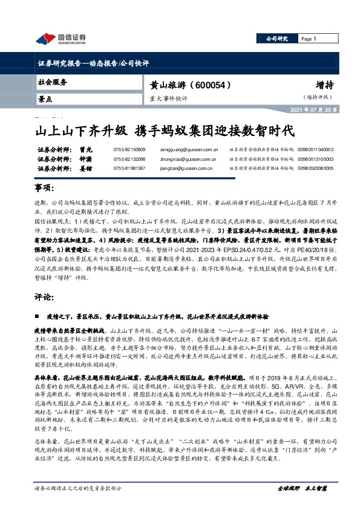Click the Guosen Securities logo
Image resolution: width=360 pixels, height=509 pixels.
tap(61, 39)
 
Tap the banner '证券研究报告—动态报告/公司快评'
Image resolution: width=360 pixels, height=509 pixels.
tap(93, 63)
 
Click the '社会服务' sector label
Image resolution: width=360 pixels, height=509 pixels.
tap(53, 82)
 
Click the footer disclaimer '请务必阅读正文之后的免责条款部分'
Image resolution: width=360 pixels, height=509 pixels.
tap(79, 487)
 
